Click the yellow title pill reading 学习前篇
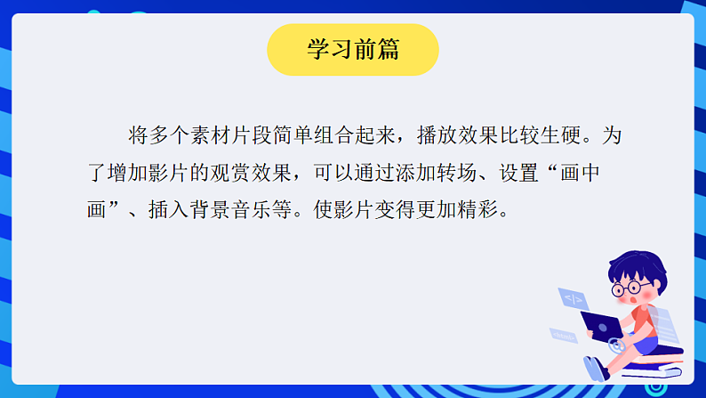pyautogui.click(x=353, y=50)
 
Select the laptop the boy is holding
pyautogui.click(x=602, y=324)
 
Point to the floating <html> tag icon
pyautogui.click(x=563, y=336)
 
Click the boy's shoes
pyautogui.click(x=595, y=368)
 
